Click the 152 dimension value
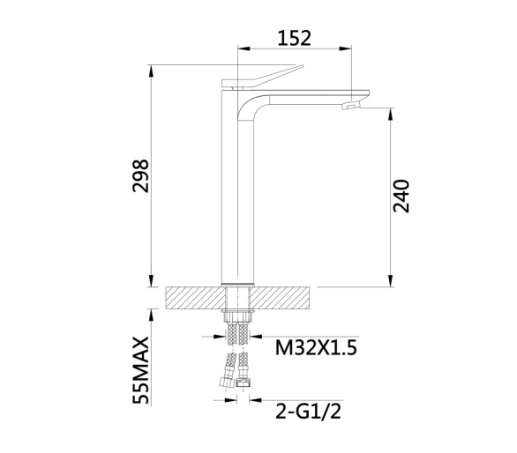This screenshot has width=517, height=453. coord(294,38)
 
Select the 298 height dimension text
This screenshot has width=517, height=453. coord(141,175)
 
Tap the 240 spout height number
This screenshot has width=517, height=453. coord(401,197)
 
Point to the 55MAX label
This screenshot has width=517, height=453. coord(141,370)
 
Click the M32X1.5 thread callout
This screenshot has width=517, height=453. coord(316,347)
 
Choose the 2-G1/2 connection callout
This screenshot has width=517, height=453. coord(308,411)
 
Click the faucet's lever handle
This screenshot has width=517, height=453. coord(262,77)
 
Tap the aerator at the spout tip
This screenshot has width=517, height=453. coord(351,105)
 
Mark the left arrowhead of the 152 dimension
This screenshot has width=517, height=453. coord(244,48)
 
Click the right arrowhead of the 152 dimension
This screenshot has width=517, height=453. coord(345,48)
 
